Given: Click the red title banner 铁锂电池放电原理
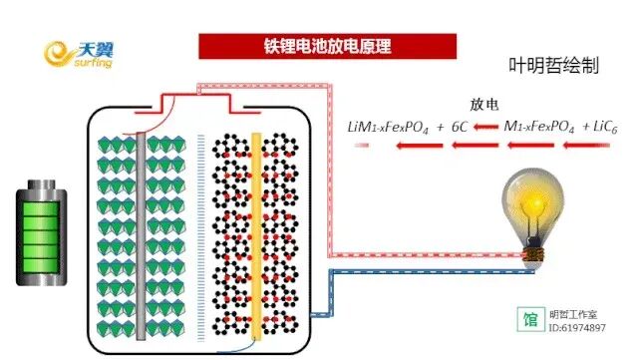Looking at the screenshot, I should pyautogui.click(x=327, y=47).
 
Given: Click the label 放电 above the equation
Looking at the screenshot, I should pyautogui.click(x=484, y=105).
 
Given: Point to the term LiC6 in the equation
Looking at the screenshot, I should pyautogui.click(x=598, y=127).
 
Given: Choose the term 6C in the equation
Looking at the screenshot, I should pyautogui.click(x=460, y=127).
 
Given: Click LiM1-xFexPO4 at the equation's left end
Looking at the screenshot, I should pyautogui.click(x=387, y=127).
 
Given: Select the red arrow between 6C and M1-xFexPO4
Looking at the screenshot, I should pyautogui.click(x=485, y=127).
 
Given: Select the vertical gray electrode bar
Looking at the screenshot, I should pyautogui.click(x=152, y=238).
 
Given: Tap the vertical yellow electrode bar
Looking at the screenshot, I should pyautogui.click(x=256, y=238).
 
